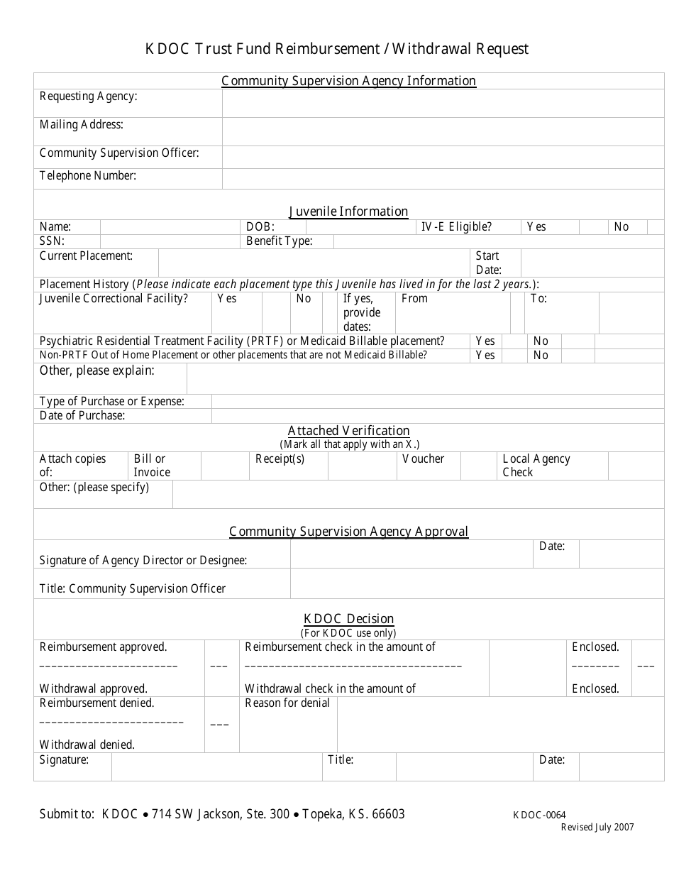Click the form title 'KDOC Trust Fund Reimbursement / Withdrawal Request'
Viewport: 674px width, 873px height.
coord(337,49)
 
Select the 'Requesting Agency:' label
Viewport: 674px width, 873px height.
coord(89,97)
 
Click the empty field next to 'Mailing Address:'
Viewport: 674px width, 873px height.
coord(443,131)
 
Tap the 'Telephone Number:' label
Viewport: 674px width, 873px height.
coord(88,175)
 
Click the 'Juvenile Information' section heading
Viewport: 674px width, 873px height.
coord(348,212)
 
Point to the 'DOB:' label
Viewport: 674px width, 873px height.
coord(260,227)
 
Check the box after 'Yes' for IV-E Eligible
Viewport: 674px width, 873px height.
coord(593,227)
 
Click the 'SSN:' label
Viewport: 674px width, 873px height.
coord(52,241)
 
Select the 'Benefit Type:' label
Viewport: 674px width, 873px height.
coord(279,241)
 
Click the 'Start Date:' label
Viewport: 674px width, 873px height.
coord(488,263)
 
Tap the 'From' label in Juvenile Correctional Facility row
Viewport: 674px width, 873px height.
coord(414,299)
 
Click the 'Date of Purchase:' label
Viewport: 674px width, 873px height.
coord(82,416)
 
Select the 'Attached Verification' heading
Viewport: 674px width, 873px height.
coord(348,431)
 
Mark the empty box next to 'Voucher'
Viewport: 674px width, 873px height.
coord(478,466)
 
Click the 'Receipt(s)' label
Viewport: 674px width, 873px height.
coord(280,459)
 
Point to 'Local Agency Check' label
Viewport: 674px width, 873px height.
coord(536,466)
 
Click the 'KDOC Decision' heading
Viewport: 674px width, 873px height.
coord(348,619)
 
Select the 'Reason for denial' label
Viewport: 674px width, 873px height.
coord(287,703)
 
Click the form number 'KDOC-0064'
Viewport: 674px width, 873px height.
coord(539,816)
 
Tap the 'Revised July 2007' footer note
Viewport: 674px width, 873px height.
coord(597,827)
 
